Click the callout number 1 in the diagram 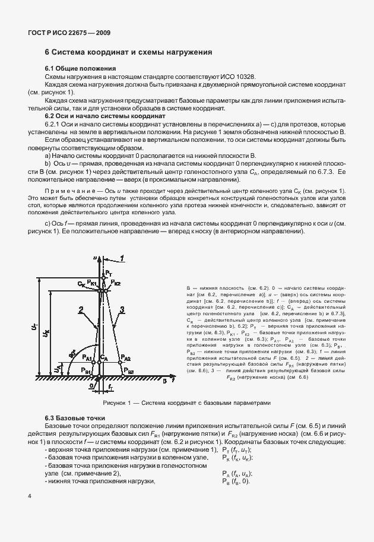121,258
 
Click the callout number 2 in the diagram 78,308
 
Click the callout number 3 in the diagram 121,308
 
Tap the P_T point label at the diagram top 107,272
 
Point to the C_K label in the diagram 81,284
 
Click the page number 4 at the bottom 29,495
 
